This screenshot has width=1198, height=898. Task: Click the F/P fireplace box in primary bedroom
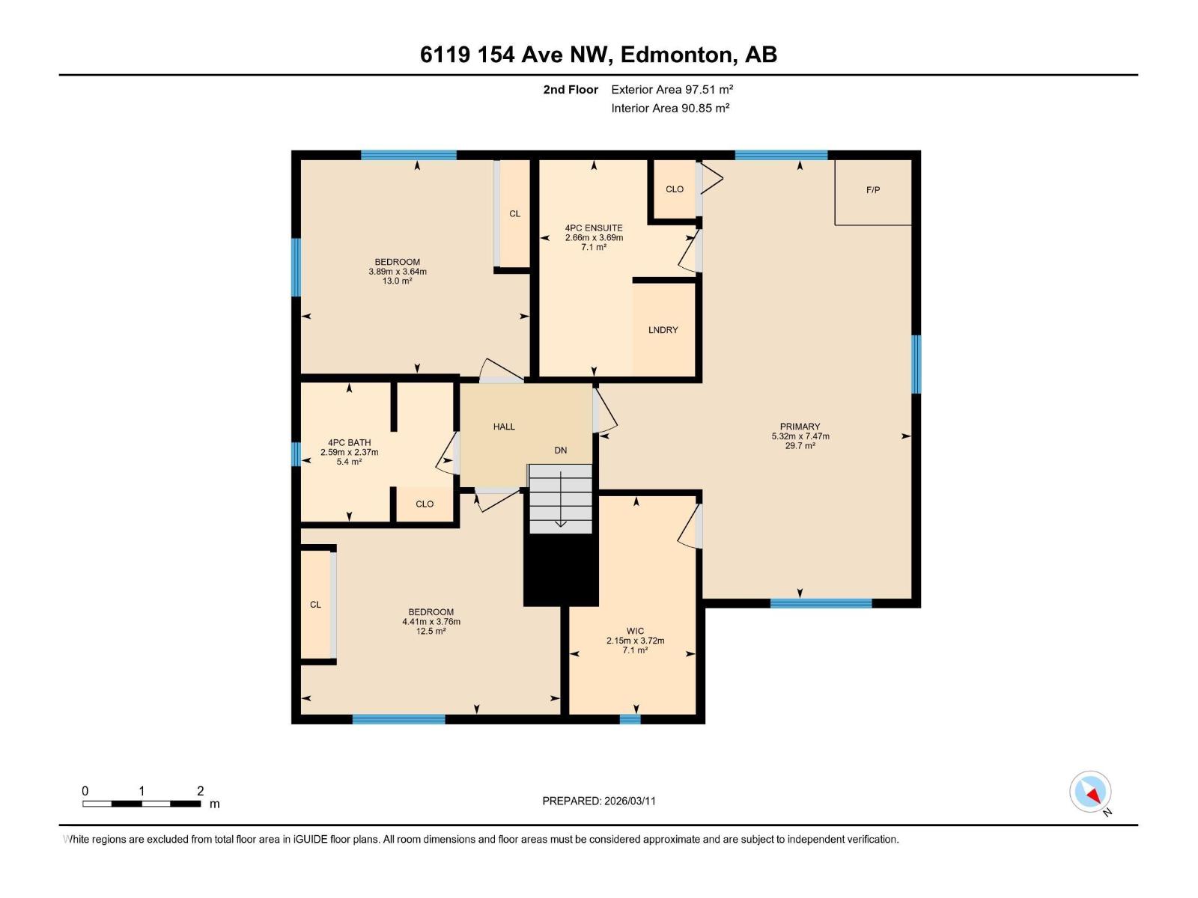[873, 191]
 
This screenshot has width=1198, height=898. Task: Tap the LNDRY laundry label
[663, 330]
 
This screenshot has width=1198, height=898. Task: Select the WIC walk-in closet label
[635, 631]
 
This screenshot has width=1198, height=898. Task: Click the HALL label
[504, 427]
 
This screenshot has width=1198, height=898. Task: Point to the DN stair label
[561, 450]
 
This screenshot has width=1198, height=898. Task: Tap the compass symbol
[1090, 792]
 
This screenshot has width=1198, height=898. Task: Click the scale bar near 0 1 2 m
[142, 804]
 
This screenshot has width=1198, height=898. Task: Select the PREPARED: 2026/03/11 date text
[599, 801]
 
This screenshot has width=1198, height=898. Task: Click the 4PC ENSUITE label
[594, 228]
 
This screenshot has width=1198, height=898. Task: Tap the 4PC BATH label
[349, 443]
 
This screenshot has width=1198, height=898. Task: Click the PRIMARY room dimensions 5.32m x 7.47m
[800, 436]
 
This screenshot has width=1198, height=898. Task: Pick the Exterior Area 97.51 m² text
[672, 89]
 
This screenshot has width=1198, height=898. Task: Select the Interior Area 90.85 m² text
[670, 108]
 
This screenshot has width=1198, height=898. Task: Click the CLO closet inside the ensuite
[674, 189]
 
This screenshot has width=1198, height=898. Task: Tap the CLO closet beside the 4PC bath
[425, 504]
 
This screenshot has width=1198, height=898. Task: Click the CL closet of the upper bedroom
[514, 214]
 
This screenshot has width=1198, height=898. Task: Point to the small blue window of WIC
[630, 719]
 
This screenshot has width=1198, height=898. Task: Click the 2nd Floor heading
[571, 89]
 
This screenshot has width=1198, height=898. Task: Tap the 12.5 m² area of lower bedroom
[431, 632]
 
